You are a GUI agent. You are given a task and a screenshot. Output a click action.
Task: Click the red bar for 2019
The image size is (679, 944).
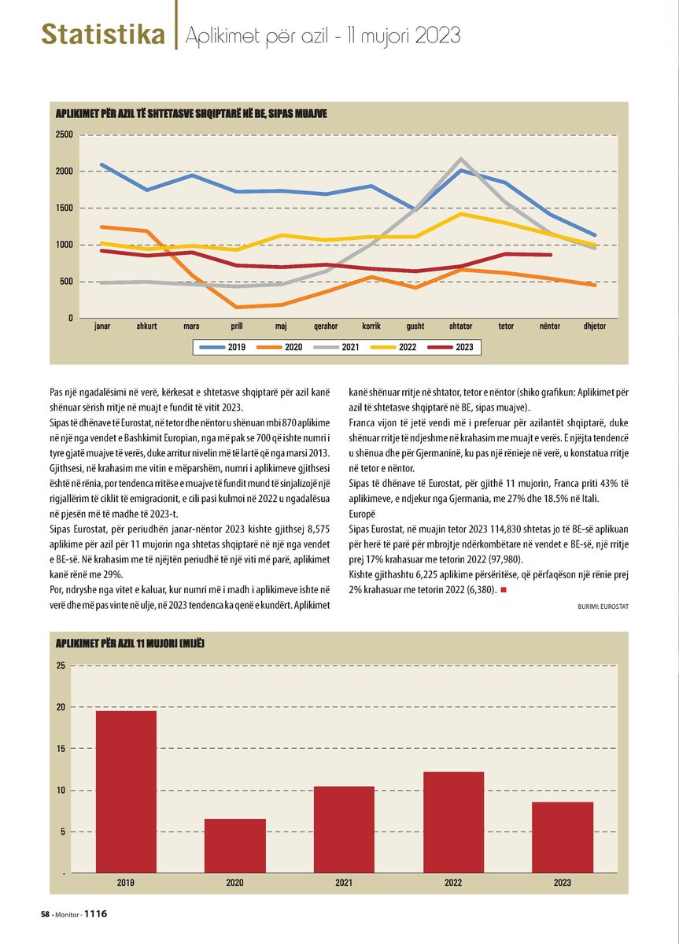click(126, 791)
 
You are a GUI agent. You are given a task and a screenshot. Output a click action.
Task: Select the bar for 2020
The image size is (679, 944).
click(235, 846)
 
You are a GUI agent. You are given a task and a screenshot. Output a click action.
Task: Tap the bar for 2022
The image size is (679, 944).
click(453, 822)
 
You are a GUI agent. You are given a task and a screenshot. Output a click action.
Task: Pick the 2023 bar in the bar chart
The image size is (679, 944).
click(563, 837)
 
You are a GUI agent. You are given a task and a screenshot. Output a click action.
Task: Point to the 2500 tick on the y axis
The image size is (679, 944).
click(65, 135)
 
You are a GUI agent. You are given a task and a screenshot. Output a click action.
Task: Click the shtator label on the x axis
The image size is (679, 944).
click(461, 326)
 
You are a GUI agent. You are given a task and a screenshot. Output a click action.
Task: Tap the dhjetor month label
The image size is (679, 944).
click(595, 326)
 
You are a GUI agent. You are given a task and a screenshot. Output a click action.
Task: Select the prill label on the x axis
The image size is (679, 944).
click(237, 326)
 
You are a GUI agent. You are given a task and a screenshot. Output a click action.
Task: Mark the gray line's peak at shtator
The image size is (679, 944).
click(461, 159)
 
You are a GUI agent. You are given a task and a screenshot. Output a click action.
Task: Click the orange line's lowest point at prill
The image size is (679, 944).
click(237, 307)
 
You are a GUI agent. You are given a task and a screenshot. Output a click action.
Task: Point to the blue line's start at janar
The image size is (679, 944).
click(102, 164)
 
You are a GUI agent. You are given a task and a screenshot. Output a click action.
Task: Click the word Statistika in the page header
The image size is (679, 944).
click(103, 34)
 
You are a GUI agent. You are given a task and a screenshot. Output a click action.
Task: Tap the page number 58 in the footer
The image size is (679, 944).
click(45, 914)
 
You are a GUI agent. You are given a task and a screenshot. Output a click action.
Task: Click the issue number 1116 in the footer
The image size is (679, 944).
click(96, 913)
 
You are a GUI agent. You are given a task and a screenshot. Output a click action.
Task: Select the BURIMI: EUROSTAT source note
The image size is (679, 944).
click(603, 607)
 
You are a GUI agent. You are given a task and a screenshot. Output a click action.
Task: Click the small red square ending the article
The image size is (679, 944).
click(503, 590)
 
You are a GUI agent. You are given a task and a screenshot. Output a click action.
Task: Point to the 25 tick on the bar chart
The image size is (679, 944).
click(61, 666)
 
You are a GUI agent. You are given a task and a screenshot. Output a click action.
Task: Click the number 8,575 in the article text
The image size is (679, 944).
click(319, 529)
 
